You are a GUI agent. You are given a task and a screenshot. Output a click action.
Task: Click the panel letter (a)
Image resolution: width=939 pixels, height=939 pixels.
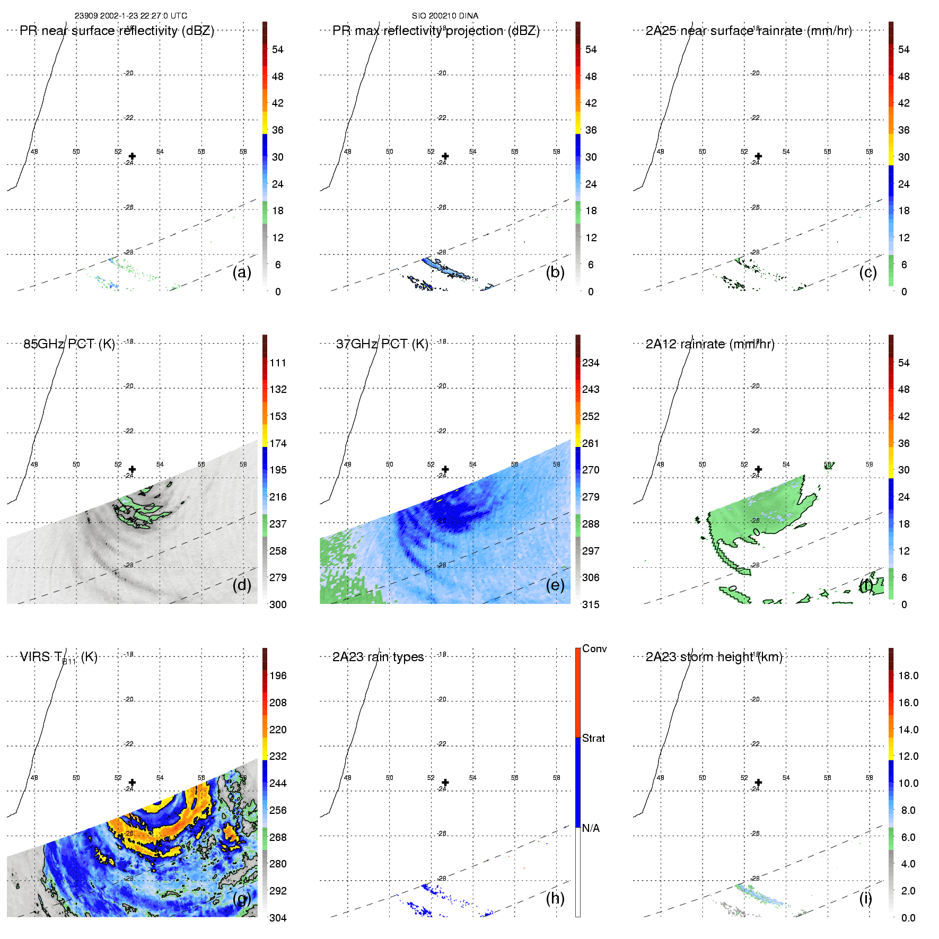(x=242, y=273)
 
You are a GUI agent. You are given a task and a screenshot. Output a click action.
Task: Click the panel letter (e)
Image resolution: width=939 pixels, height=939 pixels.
(x=555, y=585)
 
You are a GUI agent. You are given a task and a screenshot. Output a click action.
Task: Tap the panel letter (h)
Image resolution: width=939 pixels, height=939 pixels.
(x=555, y=898)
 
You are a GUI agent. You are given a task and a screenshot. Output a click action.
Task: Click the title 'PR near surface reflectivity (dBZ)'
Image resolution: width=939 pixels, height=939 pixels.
(x=117, y=31)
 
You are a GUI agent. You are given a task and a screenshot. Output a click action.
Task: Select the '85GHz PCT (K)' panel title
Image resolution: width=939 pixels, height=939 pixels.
(x=69, y=344)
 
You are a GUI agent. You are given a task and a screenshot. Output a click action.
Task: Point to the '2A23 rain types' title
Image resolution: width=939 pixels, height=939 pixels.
(x=378, y=657)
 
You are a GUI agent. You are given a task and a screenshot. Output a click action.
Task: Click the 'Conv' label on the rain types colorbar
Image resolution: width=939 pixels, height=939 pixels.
(x=594, y=648)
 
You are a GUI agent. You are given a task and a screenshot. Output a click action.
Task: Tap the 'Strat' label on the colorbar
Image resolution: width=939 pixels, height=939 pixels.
(x=593, y=738)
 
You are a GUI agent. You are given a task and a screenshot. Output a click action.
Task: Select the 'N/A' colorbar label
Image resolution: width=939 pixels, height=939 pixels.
(x=591, y=828)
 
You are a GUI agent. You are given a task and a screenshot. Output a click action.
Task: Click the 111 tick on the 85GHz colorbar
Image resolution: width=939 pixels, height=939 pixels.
(x=278, y=363)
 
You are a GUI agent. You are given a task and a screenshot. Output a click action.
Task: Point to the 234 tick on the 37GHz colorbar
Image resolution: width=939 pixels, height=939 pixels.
(x=591, y=363)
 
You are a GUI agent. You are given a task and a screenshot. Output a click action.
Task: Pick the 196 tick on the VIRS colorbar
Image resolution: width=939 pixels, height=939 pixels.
(x=278, y=675)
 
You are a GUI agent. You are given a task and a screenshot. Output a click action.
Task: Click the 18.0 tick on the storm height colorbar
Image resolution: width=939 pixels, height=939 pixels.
(x=908, y=675)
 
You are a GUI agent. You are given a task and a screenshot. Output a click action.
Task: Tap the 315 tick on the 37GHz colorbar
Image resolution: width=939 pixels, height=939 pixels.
(x=591, y=604)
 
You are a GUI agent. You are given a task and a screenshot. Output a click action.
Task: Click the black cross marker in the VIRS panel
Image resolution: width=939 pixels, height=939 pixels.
(x=132, y=783)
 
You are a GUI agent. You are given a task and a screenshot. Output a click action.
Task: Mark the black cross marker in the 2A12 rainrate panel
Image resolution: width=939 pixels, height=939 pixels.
(x=758, y=469)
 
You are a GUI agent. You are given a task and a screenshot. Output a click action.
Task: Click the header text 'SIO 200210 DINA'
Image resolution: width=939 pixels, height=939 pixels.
(x=445, y=16)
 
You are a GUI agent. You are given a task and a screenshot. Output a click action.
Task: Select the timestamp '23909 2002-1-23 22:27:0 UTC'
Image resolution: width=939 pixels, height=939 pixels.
(x=130, y=16)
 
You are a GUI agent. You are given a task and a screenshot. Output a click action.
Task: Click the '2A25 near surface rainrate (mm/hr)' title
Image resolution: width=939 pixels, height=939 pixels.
(x=749, y=31)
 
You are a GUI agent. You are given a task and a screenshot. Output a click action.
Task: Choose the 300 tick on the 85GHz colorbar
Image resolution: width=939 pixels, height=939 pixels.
(x=278, y=604)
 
